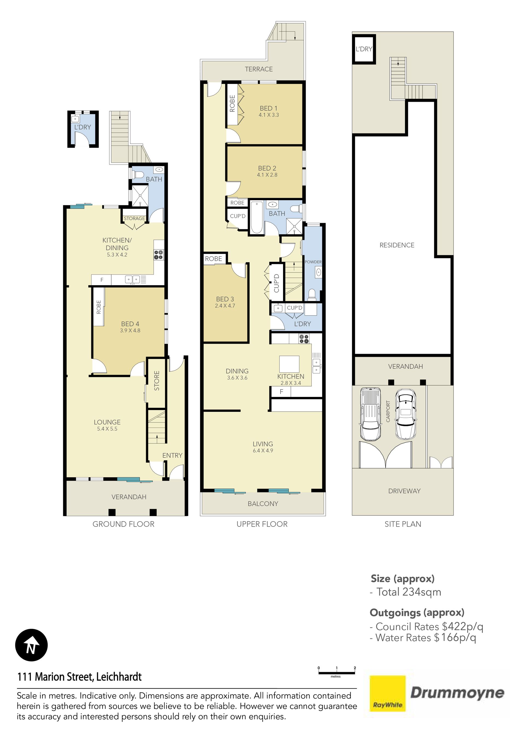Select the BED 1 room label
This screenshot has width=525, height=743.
coord(269,108)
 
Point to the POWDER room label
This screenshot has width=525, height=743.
coord(313,262)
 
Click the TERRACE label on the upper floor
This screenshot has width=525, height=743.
coord(259,69)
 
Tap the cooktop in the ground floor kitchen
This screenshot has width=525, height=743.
coord(159,255)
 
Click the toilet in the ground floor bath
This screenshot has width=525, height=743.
coord(138,175)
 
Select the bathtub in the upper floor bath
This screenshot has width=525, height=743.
coord(257,217)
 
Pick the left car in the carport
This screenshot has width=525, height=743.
coord(371,414)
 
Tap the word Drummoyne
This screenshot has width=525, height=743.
coord(457,693)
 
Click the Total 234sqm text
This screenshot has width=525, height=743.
coord(409,592)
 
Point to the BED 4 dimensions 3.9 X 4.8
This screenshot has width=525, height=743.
coord(130,330)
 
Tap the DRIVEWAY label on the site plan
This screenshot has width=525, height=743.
coord(404,491)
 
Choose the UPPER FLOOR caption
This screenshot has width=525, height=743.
coord(262,524)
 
